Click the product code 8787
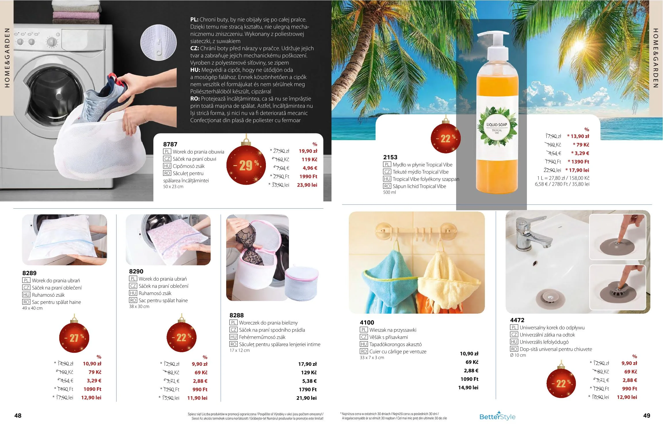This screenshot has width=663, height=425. tap(170, 144)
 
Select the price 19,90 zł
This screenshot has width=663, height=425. tap(308, 151)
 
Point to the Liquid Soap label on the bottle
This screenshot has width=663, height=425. tap(497, 126)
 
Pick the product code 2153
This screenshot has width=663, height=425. tap(390, 157)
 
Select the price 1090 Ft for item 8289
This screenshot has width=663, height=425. tap(92, 389)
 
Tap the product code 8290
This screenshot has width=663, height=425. tap(136, 271)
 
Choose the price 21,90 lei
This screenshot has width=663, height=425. tap(306, 398)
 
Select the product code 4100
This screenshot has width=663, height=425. tap(367, 323)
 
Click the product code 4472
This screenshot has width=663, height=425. tap(517, 320)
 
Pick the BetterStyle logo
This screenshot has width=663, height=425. tap(497, 416)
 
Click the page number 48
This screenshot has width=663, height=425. tap(18, 416)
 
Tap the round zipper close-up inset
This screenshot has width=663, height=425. tap(158, 43)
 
